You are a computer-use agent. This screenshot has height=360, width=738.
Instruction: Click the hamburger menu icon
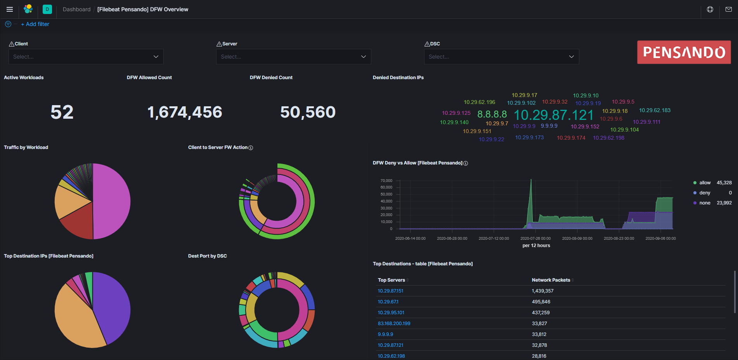pyautogui.click(x=10, y=9)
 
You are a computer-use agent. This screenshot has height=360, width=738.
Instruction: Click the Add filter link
pyautogui.click(x=35, y=24)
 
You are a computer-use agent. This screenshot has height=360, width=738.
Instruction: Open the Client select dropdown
pyautogui.click(x=86, y=57)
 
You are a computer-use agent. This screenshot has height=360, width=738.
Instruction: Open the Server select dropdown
pyautogui.click(x=293, y=57)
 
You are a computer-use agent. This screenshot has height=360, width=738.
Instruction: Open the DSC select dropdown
pyautogui.click(x=501, y=57)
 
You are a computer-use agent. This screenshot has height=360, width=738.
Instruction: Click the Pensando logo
pyautogui.click(x=684, y=52)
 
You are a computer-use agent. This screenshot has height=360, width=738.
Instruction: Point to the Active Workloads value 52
pyautogui.click(x=62, y=112)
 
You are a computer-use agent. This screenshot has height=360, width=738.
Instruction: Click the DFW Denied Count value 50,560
pyautogui.click(x=308, y=112)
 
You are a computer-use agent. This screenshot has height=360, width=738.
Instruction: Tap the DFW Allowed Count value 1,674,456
pyautogui.click(x=185, y=112)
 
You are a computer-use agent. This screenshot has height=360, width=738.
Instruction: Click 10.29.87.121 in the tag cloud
pyautogui.click(x=553, y=115)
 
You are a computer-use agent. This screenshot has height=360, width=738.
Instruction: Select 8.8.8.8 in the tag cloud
pyautogui.click(x=492, y=114)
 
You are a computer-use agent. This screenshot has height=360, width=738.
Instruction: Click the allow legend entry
pyautogui.click(x=705, y=183)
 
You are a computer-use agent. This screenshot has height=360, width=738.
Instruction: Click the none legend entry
pyautogui.click(x=705, y=203)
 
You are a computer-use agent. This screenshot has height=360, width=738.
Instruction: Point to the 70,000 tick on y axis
pyautogui.click(x=386, y=181)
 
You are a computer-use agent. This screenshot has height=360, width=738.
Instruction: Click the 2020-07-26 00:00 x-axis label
pyautogui.click(x=535, y=239)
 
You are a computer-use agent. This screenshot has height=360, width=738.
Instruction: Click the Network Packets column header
pyautogui.click(x=551, y=280)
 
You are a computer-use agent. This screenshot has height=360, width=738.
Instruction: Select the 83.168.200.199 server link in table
pyautogui.click(x=394, y=324)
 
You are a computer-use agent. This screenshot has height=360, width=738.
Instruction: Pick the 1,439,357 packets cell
pyautogui.click(x=542, y=291)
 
